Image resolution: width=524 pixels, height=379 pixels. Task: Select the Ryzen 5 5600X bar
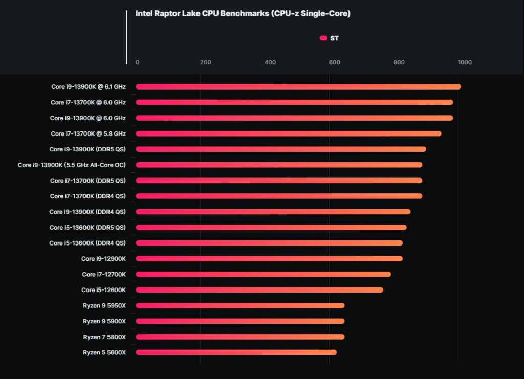point(236,352)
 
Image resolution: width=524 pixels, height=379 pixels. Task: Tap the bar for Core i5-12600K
point(259,290)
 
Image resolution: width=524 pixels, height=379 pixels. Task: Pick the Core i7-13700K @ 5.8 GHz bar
point(288,133)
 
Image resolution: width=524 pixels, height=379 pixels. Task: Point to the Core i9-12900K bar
point(269,259)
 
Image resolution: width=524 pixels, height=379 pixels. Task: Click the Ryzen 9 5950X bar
point(240,305)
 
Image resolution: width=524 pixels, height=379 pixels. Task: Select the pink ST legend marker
point(323,38)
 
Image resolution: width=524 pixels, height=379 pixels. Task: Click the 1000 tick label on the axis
point(465,62)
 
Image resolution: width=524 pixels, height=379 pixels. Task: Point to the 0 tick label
point(137,62)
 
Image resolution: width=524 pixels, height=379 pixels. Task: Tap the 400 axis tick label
point(270,62)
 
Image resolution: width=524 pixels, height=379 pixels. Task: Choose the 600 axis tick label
point(334,62)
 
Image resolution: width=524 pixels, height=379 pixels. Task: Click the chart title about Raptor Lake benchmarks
point(243,14)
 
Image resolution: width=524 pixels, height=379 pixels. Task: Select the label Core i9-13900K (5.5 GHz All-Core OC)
point(72,165)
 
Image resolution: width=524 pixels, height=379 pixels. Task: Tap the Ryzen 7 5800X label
point(104,337)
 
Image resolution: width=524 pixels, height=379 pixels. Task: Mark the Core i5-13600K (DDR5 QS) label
point(88,227)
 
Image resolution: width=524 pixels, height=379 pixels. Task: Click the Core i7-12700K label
point(104,274)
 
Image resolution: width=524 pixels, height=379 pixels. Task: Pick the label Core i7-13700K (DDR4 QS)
point(88,196)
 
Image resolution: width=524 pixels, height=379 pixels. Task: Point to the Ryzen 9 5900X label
point(104,321)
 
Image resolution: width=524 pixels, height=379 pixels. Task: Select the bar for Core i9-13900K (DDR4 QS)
point(273,212)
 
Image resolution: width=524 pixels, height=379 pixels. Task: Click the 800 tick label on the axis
point(399,62)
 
